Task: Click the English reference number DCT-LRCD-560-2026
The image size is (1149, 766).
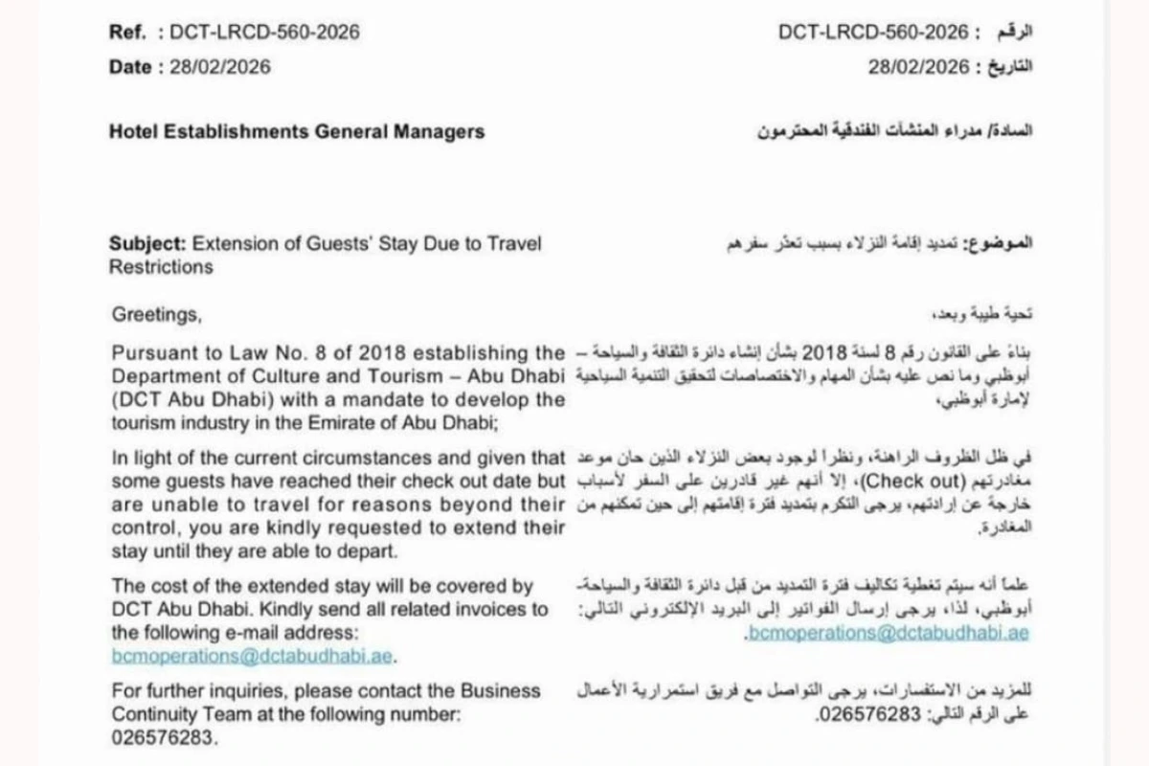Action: (265, 32)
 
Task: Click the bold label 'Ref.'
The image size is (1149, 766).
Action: (127, 32)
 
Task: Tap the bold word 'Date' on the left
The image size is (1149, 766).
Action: (130, 66)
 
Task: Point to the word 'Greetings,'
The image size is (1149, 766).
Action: (158, 313)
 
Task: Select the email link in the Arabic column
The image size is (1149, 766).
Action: (887, 633)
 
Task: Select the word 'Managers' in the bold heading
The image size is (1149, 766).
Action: (440, 131)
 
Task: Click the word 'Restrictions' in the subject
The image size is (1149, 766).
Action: (161, 266)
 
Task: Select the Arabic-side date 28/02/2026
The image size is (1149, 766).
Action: (918, 66)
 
